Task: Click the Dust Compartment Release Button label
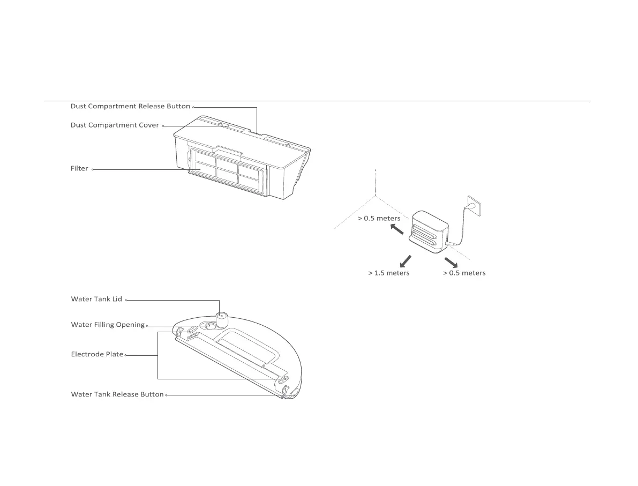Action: click(130, 107)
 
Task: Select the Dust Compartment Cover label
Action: click(115, 125)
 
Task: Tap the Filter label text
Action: click(79, 169)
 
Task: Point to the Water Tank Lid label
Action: click(96, 299)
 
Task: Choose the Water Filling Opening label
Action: click(108, 325)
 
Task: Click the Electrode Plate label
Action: click(97, 354)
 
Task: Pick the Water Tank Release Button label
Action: click(117, 394)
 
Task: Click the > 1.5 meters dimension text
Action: click(388, 273)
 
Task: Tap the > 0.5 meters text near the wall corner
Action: click(379, 219)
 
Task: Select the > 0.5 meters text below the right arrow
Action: click(464, 273)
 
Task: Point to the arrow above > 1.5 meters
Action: click(403, 261)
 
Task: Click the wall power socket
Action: click(472, 204)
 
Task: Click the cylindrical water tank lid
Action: click(221, 319)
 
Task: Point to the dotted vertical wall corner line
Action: click(376, 183)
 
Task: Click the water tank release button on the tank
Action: click(286, 390)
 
